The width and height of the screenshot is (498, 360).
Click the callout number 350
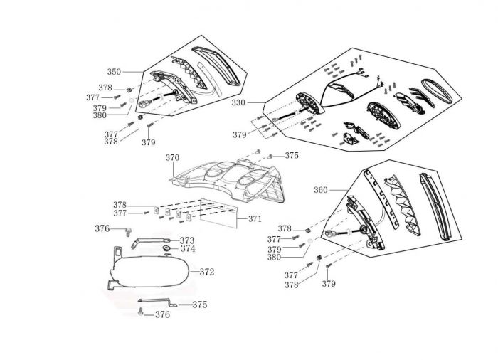pos(114,71)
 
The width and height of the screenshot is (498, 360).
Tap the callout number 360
pos(320,190)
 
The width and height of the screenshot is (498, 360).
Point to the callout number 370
pos(173,157)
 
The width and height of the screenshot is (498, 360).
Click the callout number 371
pos(255,219)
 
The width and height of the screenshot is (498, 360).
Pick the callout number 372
pos(206,272)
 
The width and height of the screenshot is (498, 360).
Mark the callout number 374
pos(187,249)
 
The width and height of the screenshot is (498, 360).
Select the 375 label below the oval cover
pos(199,305)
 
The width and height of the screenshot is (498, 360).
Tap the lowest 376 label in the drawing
pos(162,314)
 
